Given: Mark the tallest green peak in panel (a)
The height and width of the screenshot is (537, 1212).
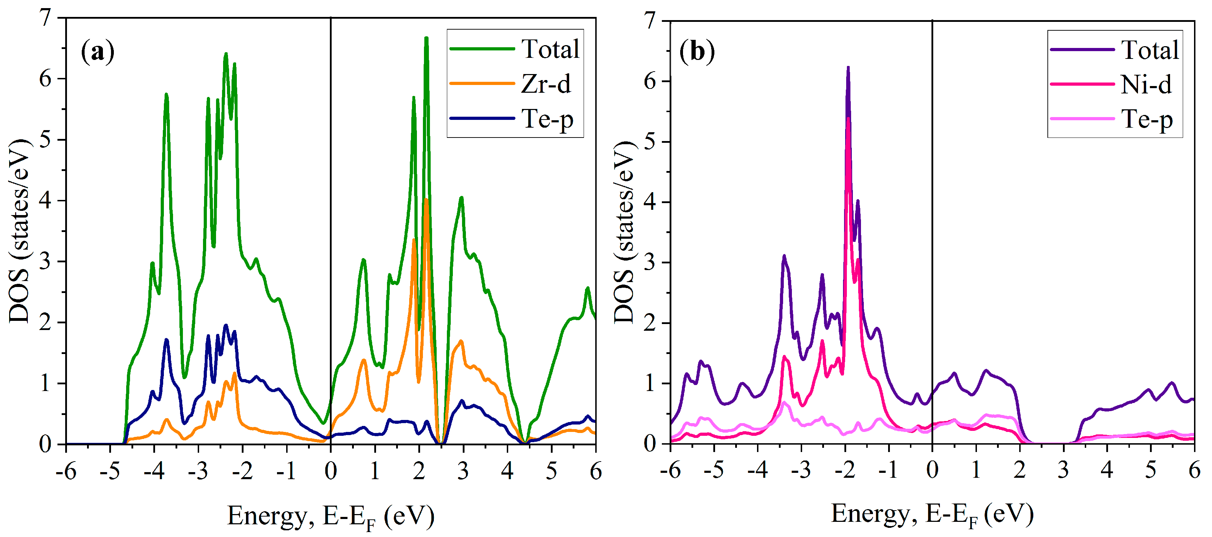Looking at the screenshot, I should pos(426,38).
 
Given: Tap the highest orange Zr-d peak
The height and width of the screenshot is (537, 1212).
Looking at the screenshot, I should pos(426,200).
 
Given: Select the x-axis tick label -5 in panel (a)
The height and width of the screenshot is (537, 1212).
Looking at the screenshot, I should pos(110,471).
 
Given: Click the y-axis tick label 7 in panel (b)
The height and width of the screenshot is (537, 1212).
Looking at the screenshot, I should pos(650,21).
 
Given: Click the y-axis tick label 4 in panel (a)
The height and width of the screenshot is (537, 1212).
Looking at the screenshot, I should pos(45,201).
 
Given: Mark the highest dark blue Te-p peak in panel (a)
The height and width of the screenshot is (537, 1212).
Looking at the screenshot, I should pos(226,326).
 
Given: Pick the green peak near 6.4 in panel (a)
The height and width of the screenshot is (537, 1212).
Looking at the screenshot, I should pos(226,54).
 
